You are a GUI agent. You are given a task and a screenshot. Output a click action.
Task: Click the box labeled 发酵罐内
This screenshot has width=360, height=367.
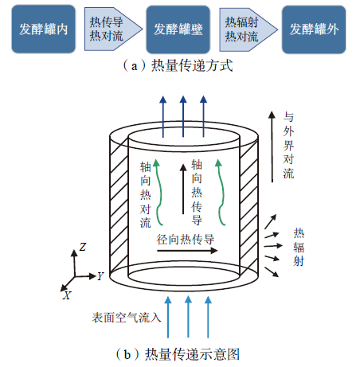[x=44, y=29]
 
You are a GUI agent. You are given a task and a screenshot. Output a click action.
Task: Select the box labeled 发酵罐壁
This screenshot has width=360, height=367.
[x=178, y=29]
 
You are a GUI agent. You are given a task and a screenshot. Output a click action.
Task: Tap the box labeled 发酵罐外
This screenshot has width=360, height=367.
[x=314, y=29]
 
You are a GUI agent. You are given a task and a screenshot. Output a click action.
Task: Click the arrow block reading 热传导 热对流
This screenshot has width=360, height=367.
[x=113, y=29]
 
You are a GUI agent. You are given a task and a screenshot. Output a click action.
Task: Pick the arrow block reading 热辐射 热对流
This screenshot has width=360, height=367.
[x=248, y=29]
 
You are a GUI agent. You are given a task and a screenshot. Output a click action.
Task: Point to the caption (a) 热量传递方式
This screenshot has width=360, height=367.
[x=178, y=65]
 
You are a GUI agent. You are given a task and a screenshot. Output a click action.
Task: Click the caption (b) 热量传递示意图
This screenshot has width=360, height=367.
[x=178, y=354]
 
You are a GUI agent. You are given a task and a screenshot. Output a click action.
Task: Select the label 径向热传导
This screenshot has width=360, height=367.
[x=186, y=240]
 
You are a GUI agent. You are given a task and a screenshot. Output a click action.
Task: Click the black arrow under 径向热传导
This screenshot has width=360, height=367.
[x=187, y=251]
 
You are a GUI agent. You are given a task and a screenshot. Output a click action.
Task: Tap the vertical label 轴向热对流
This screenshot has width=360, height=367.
[x=146, y=195]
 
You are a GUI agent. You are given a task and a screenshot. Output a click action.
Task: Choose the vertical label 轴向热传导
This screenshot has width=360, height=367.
[x=197, y=192]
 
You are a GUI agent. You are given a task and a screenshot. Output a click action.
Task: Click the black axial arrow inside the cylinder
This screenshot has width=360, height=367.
[x=183, y=189]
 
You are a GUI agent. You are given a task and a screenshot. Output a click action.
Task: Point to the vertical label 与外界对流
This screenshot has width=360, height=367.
[x=288, y=145]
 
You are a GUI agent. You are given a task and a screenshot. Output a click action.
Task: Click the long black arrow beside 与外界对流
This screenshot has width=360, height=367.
[x=272, y=146]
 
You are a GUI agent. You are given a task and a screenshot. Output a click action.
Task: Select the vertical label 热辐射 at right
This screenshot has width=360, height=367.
[x=299, y=248]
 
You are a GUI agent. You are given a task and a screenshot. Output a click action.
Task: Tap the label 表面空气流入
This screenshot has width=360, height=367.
[x=127, y=318]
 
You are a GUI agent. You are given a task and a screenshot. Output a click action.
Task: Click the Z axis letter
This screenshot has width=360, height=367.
[x=83, y=247]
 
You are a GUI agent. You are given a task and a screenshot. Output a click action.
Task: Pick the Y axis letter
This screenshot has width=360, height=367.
[x=100, y=276]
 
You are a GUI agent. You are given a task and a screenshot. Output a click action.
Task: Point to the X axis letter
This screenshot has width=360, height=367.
[x=67, y=295]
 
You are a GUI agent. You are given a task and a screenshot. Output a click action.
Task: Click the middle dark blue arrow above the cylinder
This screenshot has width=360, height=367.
[x=183, y=116]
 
